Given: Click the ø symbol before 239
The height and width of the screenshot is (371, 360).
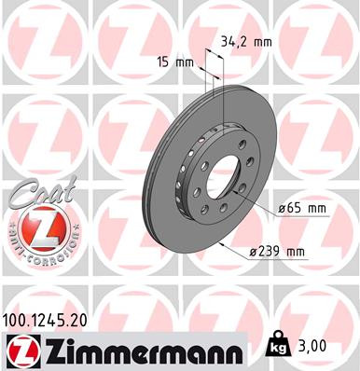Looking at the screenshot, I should coord(254,252).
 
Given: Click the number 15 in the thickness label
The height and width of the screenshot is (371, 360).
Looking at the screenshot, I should coord(163,62).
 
